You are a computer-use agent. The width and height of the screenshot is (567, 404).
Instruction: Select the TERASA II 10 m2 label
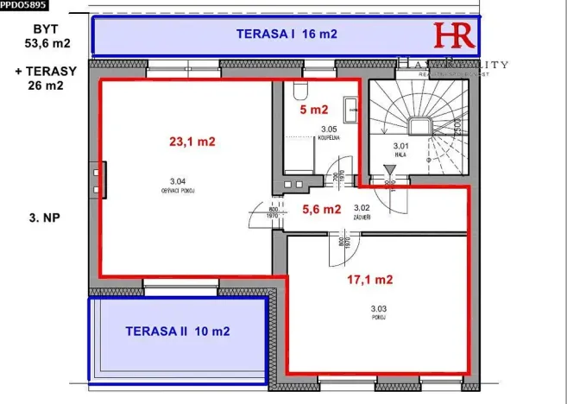(x=177, y=330)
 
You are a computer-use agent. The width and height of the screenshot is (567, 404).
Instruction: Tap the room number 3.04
(x=178, y=180)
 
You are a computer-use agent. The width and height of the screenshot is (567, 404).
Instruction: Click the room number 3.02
(x=362, y=207)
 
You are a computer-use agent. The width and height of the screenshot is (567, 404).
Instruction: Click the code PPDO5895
(x=23, y=5)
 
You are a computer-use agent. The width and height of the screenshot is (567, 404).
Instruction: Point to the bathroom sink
(x=350, y=110)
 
